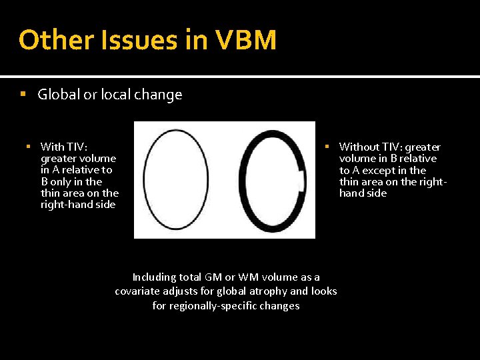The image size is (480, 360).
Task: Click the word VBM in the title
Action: pyautogui.click(x=247, y=41)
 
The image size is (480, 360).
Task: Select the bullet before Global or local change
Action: pyautogui.click(x=24, y=95)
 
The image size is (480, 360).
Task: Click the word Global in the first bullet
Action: pyautogui.click(x=59, y=95)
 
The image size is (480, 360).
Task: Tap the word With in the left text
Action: pyautogui.click(x=52, y=147)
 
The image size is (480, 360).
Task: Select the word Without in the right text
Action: pyautogui.click(x=359, y=147)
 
